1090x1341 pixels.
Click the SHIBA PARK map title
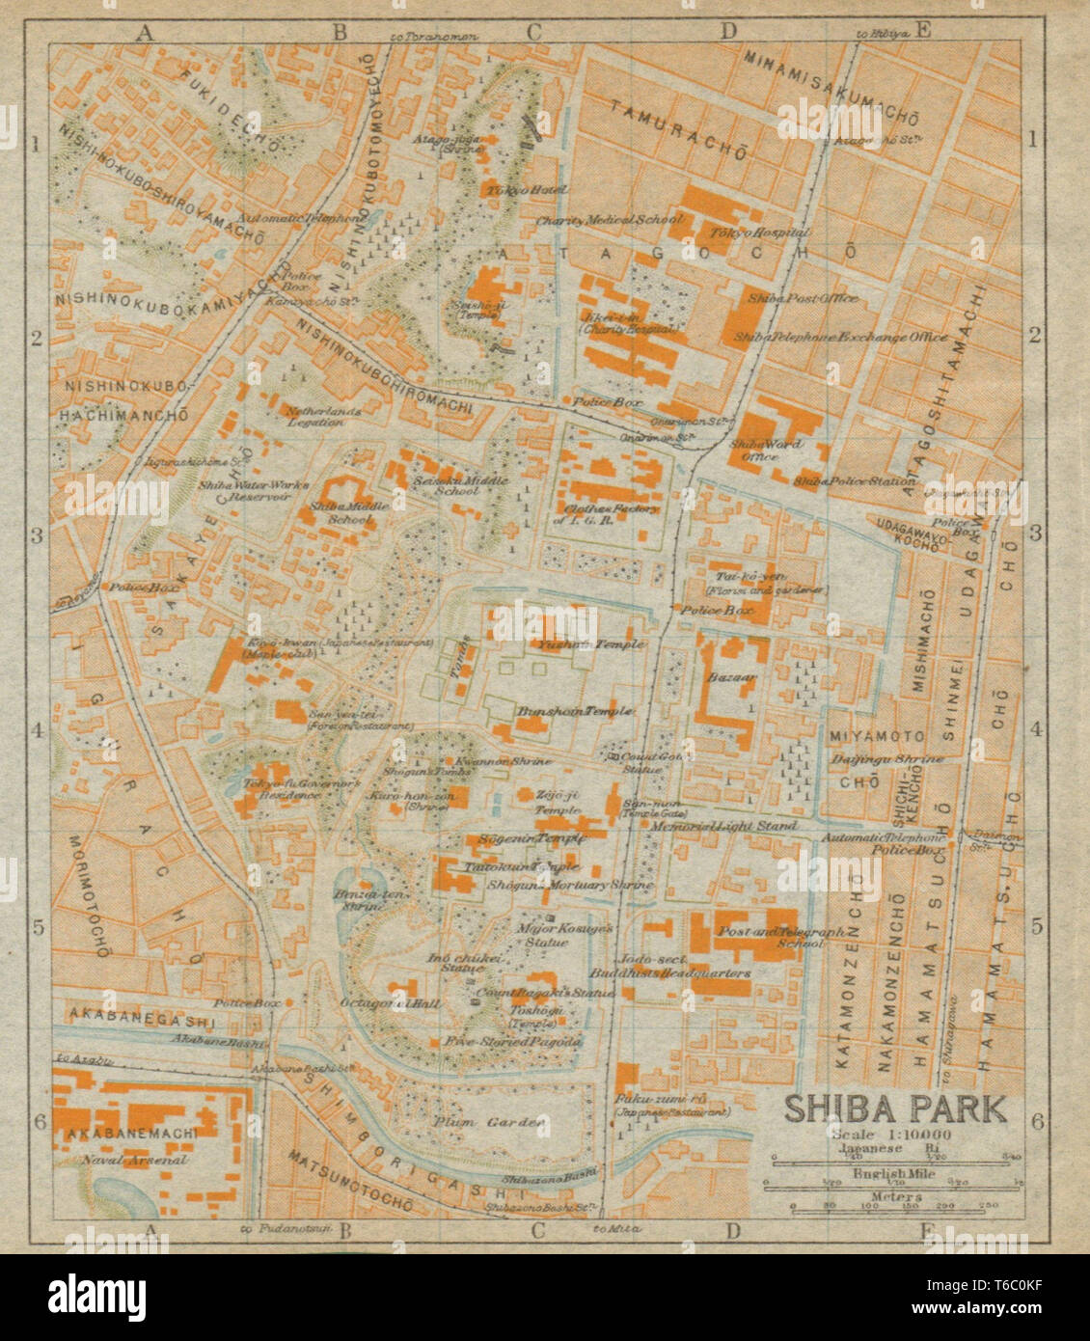click(895, 1108)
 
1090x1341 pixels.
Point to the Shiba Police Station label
click(855, 480)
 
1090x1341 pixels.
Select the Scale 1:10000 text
click(893, 1135)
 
